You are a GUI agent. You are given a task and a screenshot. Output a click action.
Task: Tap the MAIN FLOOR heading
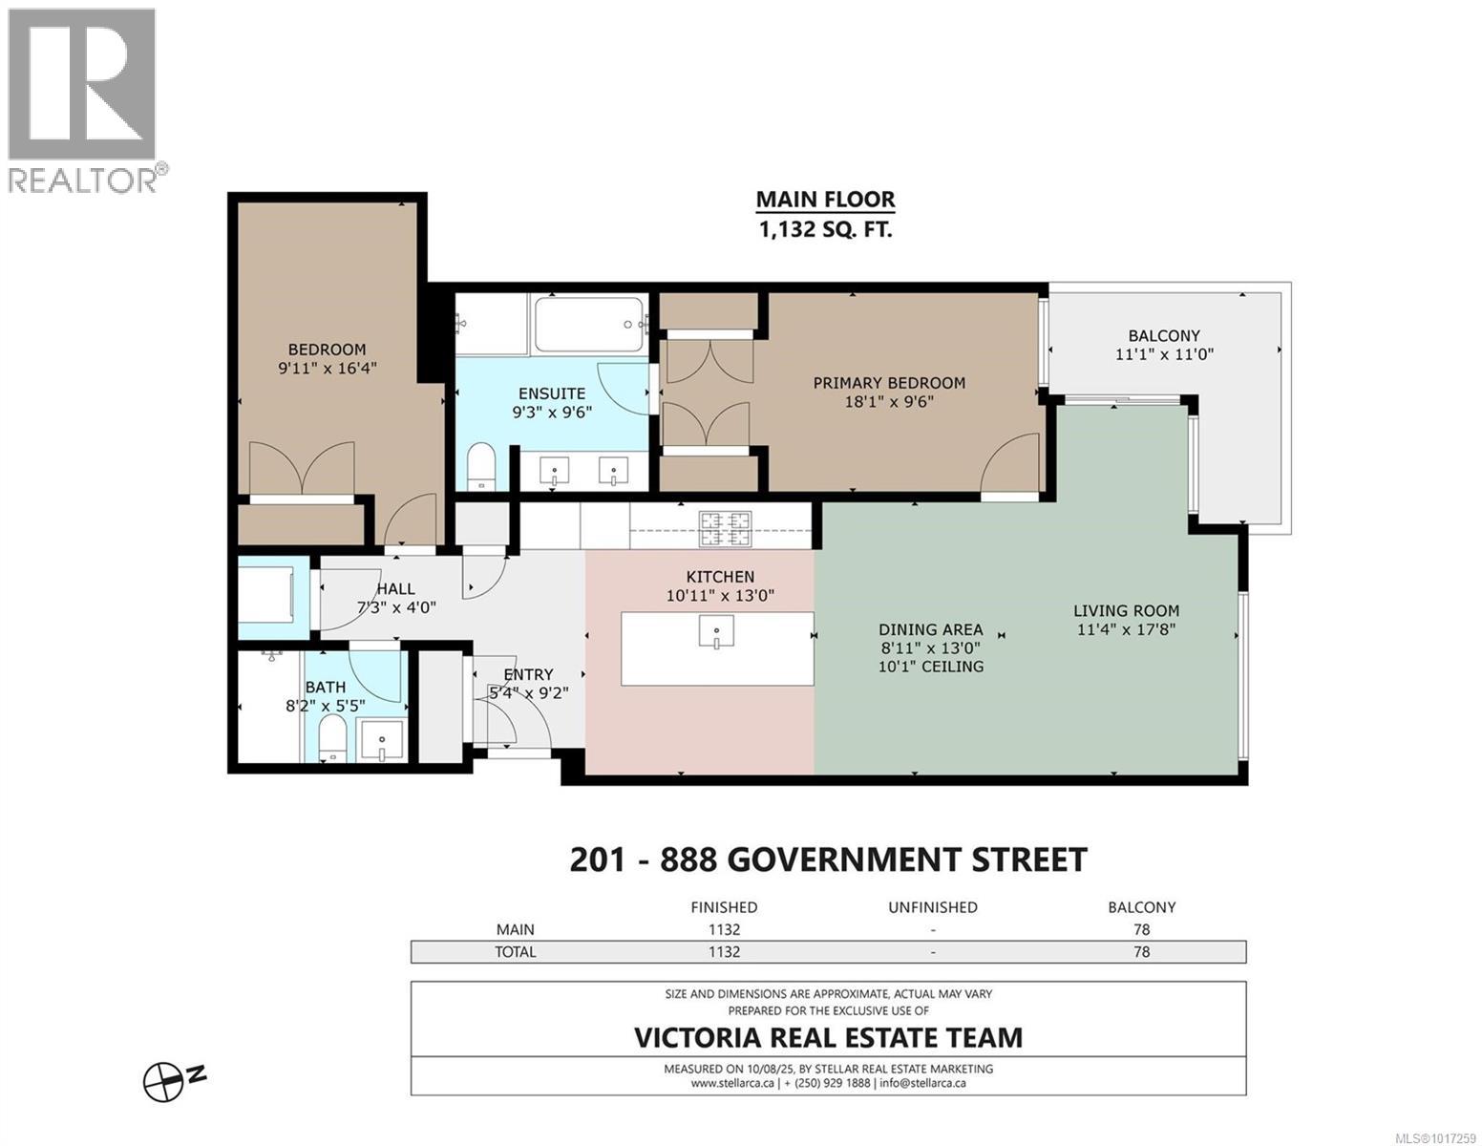pos(825,200)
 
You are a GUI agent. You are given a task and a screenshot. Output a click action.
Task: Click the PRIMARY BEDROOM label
pos(888,383)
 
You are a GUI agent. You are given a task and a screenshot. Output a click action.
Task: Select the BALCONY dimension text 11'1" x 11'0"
pos(1163,354)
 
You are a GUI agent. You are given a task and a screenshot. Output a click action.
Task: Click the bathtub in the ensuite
pos(588,325)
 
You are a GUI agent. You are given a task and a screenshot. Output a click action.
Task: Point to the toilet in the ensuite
pos(479,464)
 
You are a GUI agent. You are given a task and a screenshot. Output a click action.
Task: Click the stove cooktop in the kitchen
pos(726,528)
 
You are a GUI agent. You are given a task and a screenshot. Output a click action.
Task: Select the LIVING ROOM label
pos(1126,610)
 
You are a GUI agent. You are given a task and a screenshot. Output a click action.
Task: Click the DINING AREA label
pos(930,629)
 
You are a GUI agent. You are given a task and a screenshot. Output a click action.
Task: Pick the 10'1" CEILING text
pos(930,667)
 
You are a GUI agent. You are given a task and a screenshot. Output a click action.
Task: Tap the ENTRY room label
pos(528,674)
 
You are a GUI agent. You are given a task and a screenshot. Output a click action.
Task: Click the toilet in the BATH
pos(330,740)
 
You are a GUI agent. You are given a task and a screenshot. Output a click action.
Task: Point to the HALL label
pos(395,589)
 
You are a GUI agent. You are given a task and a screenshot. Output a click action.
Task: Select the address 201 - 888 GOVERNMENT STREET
pos(827,859)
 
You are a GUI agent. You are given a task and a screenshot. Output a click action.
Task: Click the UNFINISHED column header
pos(932,907)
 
